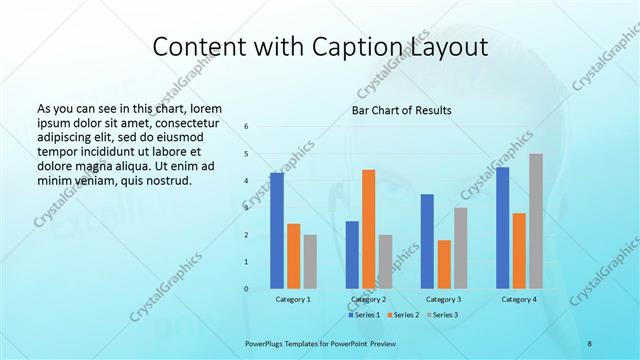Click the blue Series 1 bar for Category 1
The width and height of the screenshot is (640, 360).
click(277, 231)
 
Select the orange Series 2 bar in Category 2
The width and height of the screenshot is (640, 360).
click(368, 229)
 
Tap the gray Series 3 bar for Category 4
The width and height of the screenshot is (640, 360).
click(536, 221)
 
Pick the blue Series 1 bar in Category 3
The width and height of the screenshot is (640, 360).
click(427, 241)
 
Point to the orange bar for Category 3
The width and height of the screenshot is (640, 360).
click(444, 264)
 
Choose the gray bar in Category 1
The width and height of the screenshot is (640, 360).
click(310, 262)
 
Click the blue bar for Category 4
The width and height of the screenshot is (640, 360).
click(503, 228)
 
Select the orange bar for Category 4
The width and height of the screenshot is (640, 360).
click(519, 251)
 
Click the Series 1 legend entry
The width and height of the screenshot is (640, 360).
click(364, 315)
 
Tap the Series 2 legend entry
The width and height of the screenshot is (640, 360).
click(403, 315)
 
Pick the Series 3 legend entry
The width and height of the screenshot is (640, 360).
click(443, 315)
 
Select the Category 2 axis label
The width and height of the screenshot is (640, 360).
click(369, 299)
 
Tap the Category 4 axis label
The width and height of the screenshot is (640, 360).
click(519, 299)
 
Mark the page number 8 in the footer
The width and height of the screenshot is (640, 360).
click(589, 343)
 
